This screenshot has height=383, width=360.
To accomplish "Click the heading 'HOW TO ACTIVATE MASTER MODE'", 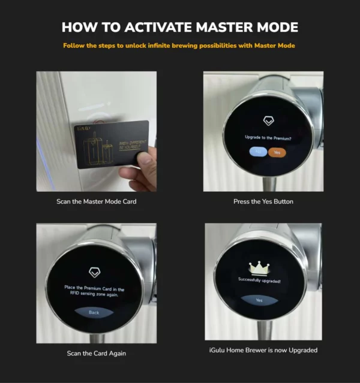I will (179, 28).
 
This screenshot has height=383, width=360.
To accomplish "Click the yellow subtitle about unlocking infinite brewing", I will (179, 46).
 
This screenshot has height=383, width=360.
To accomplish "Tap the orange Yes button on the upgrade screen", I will (277, 152).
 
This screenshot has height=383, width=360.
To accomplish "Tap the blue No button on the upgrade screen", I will (257, 152).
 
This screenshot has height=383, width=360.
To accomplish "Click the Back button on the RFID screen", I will (94, 312).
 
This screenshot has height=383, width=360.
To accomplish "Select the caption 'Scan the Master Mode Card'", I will (96, 201).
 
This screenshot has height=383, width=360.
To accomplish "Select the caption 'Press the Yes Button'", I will (263, 201).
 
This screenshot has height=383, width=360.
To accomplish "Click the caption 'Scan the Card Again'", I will (95, 354).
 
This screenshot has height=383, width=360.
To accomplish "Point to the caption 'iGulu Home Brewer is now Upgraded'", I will (263, 350).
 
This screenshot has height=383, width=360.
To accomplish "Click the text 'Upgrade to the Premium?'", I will (266, 138).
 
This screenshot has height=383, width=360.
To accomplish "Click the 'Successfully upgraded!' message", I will (259, 280).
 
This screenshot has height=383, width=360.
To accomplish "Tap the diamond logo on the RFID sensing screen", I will (94, 270).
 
